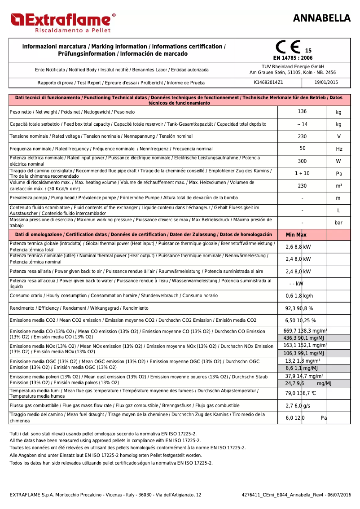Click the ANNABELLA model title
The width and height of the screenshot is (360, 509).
coord(321,18)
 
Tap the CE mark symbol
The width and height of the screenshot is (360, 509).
coord(288,48)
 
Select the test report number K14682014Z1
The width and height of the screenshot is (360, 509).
coord(268,83)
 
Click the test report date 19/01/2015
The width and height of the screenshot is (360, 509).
coord(326,83)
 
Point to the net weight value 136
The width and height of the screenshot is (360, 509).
coord(302,111)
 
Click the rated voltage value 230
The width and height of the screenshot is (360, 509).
coord(302,136)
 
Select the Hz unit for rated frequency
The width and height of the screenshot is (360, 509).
coord(339,149)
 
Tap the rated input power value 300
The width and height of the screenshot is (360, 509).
coord(302,161)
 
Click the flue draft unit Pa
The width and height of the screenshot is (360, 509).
coord(339,173)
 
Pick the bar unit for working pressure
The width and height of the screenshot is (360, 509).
coord(339,223)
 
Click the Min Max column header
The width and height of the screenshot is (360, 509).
coord(296,235)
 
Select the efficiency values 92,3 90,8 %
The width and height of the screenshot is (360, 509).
coord(299,308)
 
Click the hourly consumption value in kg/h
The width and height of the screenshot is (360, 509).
coord(299,296)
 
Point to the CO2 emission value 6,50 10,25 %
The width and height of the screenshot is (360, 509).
coord(301,320)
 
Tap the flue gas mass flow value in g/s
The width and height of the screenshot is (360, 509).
coord(298,406)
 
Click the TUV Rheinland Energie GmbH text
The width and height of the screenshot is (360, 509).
coord(292,66)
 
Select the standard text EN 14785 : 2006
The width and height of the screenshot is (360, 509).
coord(293,58)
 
